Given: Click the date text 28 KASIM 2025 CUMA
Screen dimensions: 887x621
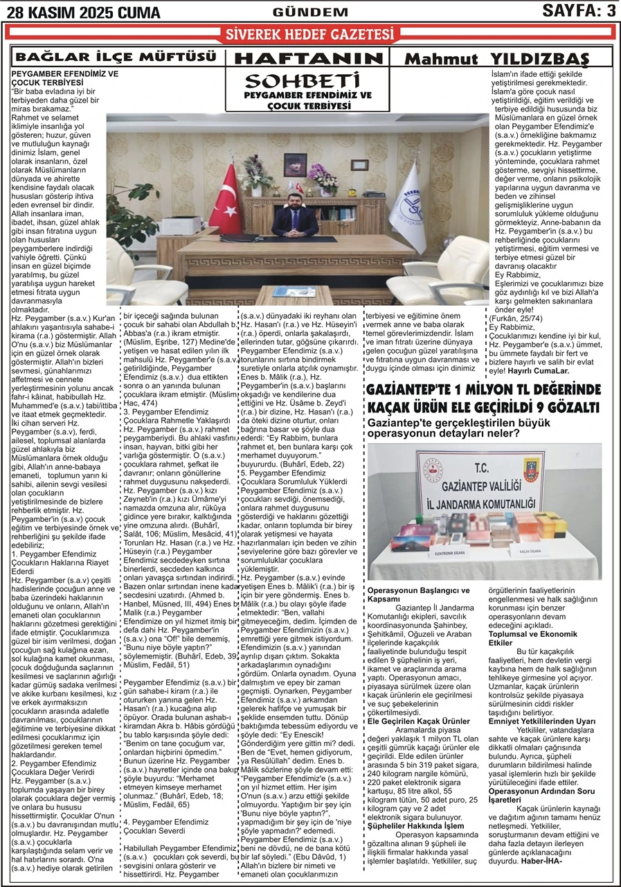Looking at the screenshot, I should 82,12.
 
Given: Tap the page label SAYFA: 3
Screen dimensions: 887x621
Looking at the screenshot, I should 579,10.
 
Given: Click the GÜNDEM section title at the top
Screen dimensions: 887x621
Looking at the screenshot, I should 311,12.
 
